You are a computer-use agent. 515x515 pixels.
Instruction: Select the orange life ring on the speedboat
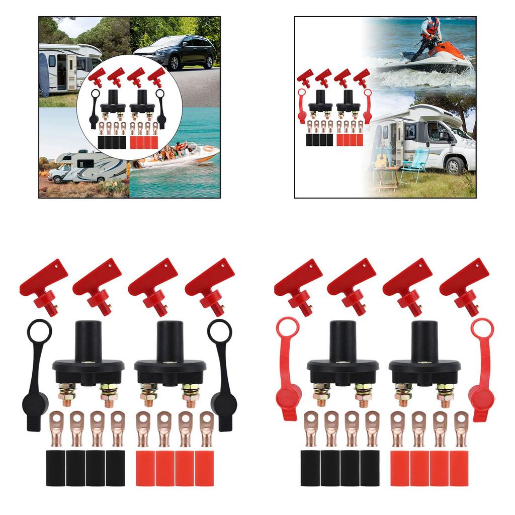[x=207, y=148]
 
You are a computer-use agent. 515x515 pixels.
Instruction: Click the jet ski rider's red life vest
[x=432, y=27]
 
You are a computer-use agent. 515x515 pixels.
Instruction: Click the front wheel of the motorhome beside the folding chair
[x=455, y=165]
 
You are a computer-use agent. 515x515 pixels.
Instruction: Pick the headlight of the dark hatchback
[x=143, y=55]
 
